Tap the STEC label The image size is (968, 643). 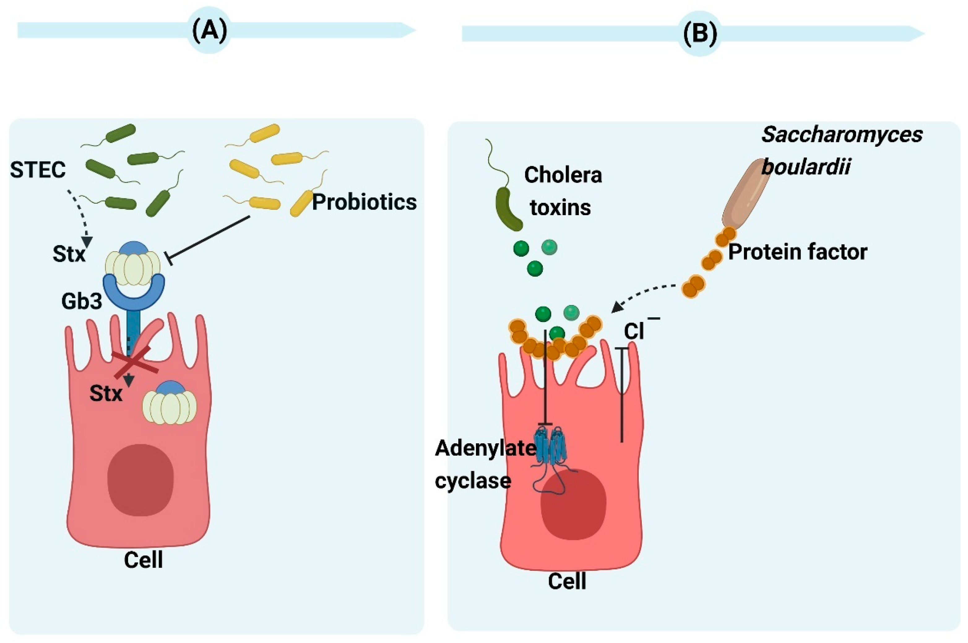click(x=38, y=170)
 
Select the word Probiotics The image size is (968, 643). click(x=364, y=202)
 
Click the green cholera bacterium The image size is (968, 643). click(x=508, y=209)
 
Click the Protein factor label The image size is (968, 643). click(x=797, y=252)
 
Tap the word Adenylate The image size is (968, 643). click(x=485, y=448)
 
